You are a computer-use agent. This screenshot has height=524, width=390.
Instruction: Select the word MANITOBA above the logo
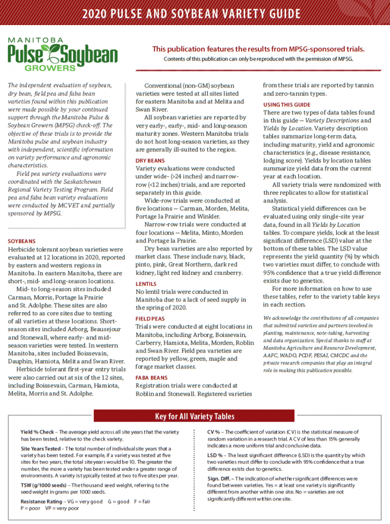(35, 39)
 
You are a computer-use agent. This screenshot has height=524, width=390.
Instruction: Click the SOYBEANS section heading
(22, 241)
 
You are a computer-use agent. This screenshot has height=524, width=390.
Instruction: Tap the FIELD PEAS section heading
(150, 318)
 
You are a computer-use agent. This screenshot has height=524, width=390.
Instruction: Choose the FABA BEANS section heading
(152, 378)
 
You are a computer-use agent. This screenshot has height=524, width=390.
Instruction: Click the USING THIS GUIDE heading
(287, 104)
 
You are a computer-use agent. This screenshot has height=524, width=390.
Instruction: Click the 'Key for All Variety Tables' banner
(194, 416)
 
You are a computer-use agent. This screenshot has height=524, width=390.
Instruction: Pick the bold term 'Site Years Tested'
(41, 449)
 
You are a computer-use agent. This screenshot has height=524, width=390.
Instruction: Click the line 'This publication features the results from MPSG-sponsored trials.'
(258, 49)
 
